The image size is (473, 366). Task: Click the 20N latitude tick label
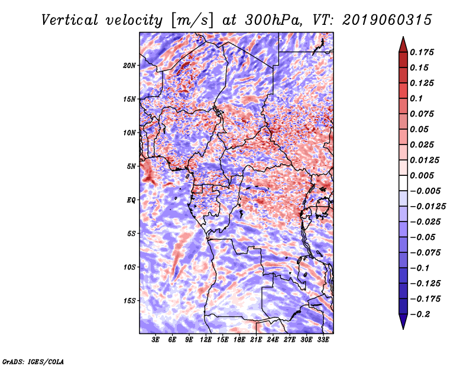coord(129,66)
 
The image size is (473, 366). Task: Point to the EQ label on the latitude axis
coord(131,200)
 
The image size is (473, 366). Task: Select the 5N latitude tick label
coord(131,166)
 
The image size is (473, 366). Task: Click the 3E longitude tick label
coord(155,340)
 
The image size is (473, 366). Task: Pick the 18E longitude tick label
coord(239,340)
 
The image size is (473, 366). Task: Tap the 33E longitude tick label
coord(323,340)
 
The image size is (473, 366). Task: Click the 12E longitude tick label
coord(206,340)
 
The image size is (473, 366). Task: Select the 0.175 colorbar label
coord(422,52)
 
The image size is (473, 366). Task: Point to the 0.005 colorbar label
coord(422,175)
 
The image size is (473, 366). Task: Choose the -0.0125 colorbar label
coord(427,207)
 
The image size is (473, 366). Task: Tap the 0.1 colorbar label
coord(416,98)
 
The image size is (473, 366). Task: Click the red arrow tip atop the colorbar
coord(403,37)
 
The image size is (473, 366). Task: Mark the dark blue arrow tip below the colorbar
coord(403,329)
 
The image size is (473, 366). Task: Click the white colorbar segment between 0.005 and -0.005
coord(403,183)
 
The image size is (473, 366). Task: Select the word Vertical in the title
coord(70,20)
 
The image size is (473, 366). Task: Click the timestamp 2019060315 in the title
coord(387,20)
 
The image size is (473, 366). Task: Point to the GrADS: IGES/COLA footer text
coord(33,362)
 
